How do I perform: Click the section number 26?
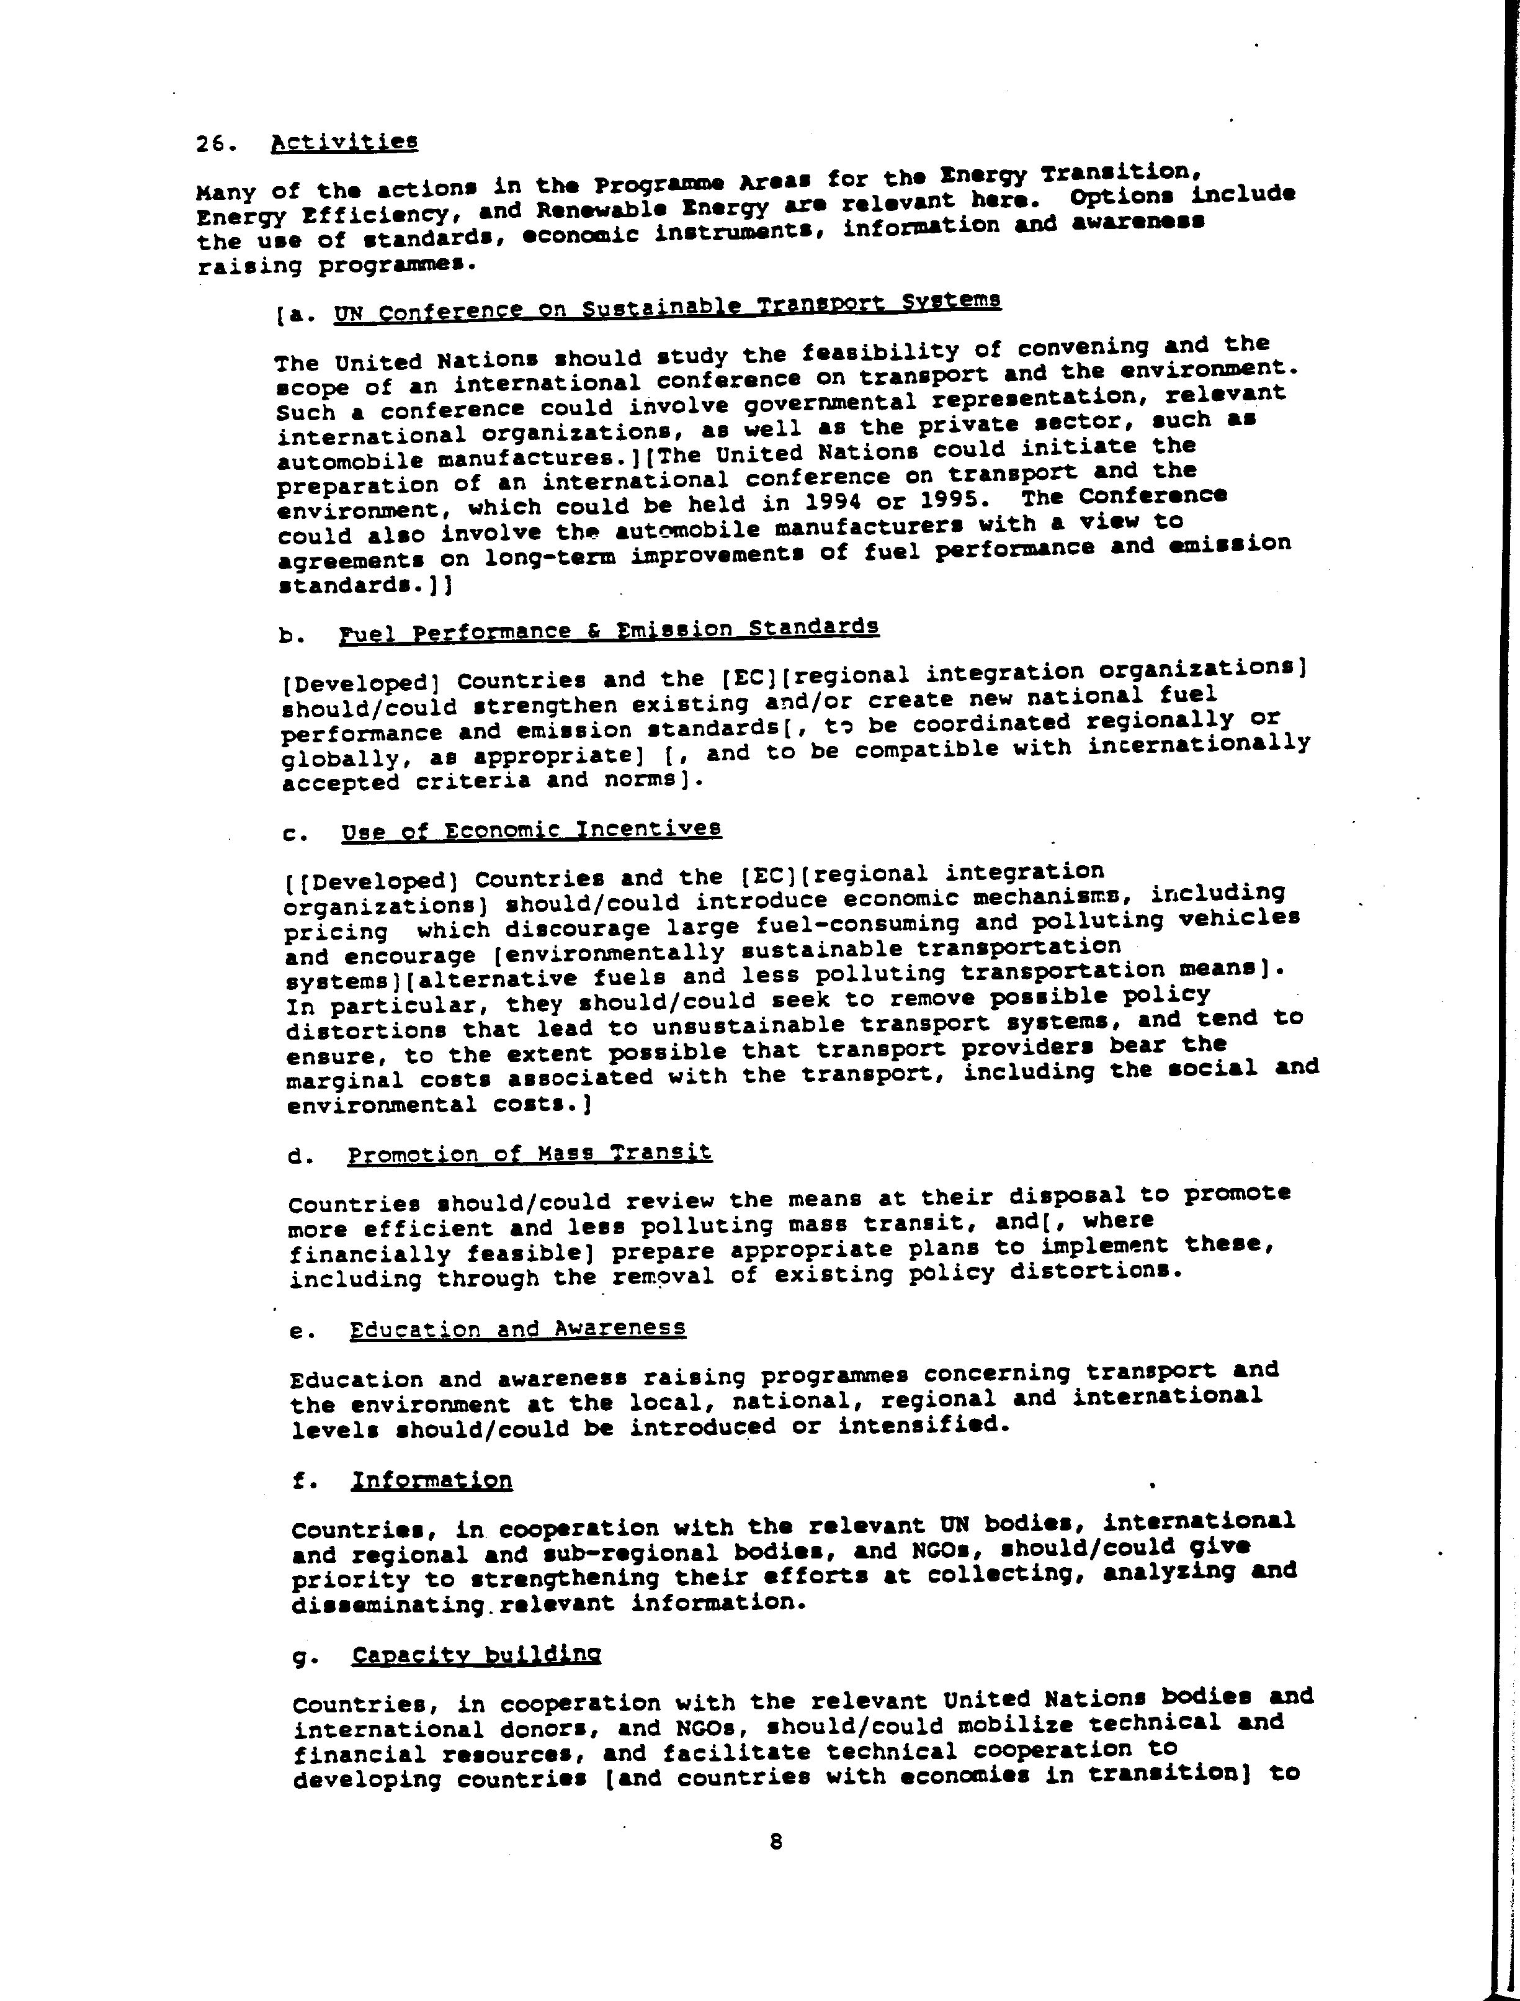[215, 144]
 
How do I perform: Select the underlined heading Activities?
[344, 142]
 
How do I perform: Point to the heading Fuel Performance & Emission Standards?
[608, 629]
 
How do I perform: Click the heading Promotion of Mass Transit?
[529, 1154]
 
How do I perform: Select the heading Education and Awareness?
[517, 1329]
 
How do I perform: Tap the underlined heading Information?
[432, 1481]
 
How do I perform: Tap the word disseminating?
[388, 1604]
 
